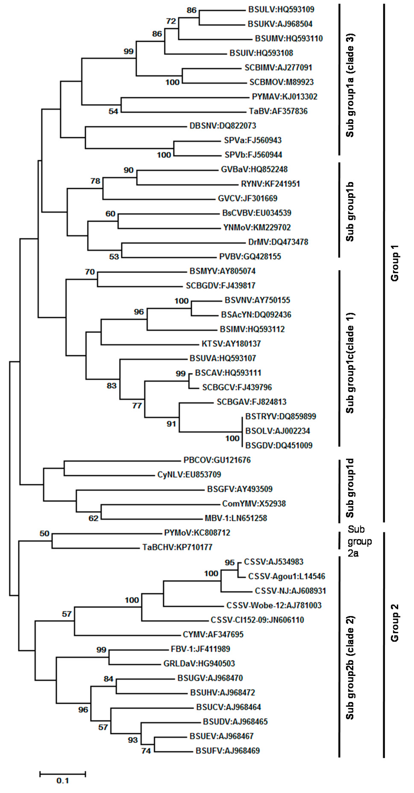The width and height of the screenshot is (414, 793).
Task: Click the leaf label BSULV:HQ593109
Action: [x=281, y=9]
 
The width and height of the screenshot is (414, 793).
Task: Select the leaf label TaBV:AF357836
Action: [x=278, y=111]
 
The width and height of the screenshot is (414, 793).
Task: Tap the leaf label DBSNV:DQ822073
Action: [x=223, y=126]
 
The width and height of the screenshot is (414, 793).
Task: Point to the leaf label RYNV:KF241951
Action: [x=270, y=184]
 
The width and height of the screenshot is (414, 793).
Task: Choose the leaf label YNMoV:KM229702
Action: [x=257, y=228]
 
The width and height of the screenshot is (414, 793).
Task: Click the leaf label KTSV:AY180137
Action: [x=231, y=343]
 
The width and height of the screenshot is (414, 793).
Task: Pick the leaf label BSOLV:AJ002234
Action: [x=277, y=431]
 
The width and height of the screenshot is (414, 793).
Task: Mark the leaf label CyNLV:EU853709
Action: [x=189, y=474]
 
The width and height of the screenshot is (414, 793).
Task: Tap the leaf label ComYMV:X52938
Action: [x=254, y=503]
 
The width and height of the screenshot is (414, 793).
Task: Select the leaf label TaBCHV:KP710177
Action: [x=177, y=547]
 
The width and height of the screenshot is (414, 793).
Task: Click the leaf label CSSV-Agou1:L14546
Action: [x=286, y=576]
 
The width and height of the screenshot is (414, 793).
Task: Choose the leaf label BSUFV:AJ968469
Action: [x=228, y=751]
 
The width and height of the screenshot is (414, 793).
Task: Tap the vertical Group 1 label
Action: [x=394, y=263]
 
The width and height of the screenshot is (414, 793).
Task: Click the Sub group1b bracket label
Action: [x=350, y=211]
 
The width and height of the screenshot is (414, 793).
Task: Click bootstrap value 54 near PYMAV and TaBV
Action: [x=113, y=111]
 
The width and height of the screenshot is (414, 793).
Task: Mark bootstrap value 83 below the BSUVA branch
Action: [x=111, y=385]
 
